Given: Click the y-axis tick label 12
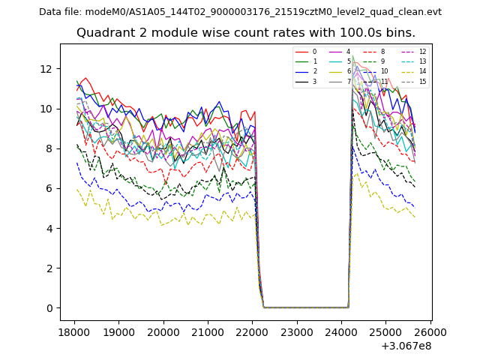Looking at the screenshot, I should click(46, 69).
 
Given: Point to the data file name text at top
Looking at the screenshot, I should click(240, 12).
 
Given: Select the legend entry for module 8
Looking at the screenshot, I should click(382, 52).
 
